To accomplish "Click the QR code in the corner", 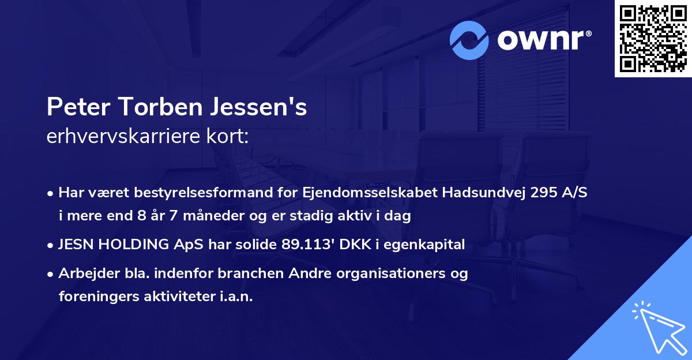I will pyautogui.click(x=653, y=39).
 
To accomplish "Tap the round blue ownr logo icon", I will pyautogui.click(x=469, y=40).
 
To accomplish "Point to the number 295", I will pyautogui.click(x=539, y=193).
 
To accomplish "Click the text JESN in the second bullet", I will pyautogui.click(x=76, y=245).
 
